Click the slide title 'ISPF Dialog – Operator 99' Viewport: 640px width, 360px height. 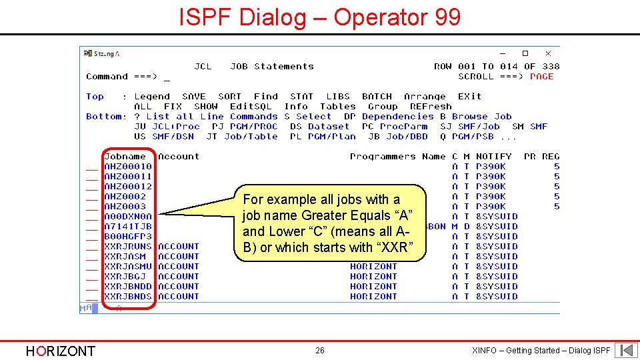click(320, 17)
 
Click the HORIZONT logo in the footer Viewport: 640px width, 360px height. click(60, 351)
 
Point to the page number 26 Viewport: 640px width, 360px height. click(320, 351)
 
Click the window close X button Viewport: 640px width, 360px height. click(548, 53)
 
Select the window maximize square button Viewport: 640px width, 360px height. click(525, 53)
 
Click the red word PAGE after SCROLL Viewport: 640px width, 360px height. click(542, 77)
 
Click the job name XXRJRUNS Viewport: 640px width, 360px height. click(128, 247)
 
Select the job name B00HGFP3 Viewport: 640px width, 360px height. click(128, 237)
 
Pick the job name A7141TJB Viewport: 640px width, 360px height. click(128, 227)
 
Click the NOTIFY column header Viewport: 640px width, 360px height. click(494, 157)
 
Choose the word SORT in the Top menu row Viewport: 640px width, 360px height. click(230, 97)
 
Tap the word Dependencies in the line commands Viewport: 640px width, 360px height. click(398, 117)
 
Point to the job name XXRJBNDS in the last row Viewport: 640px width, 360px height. click(128, 297)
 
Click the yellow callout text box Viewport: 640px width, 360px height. click(331, 223)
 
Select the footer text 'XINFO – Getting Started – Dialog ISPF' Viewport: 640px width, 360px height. click(541, 351)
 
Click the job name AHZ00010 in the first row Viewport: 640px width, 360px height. click(128, 167)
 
